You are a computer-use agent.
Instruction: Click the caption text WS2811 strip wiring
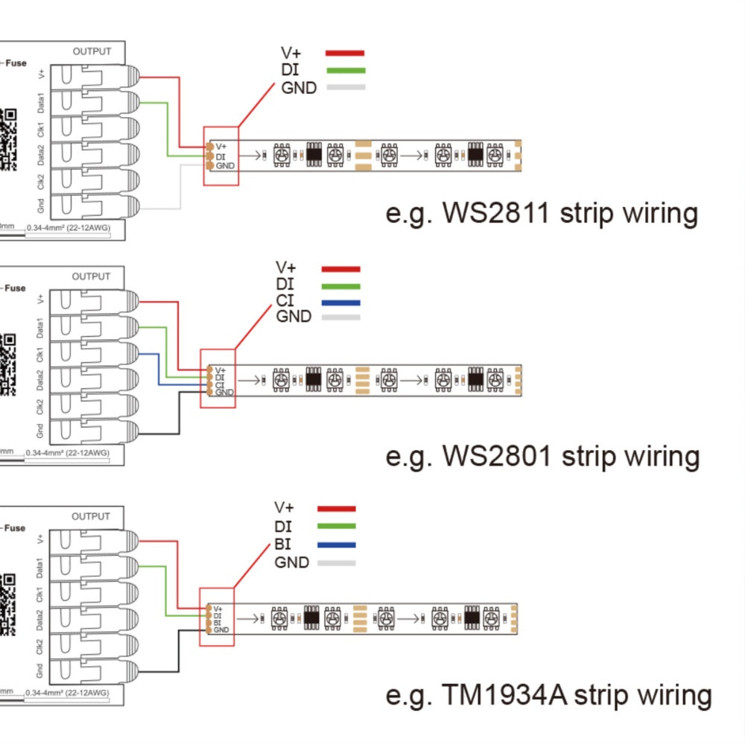pyautogui.click(x=542, y=214)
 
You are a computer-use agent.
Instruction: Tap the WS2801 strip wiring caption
pyautogui.click(x=542, y=455)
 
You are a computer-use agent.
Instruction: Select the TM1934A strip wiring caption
pyautogui.click(x=548, y=695)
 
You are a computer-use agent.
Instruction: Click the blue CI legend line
pyautogui.click(x=340, y=302)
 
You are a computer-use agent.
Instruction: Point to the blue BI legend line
pyautogui.click(x=336, y=545)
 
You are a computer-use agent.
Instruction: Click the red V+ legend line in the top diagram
pyautogui.click(x=345, y=53)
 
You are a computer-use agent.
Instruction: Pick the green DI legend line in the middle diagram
pyautogui.click(x=340, y=286)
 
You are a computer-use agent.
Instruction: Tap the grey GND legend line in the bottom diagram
pyautogui.click(x=336, y=562)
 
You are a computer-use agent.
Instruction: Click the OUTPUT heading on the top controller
pyautogui.click(x=92, y=51)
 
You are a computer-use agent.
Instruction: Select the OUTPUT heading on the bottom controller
pyautogui.click(x=91, y=516)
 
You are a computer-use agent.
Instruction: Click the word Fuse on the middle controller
pyautogui.click(x=16, y=288)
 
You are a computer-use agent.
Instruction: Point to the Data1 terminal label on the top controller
pyautogui.click(x=42, y=102)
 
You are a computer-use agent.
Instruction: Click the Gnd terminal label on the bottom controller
pyautogui.click(x=42, y=669)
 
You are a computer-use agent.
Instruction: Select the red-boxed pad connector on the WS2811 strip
pyautogui.click(x=221, y=156)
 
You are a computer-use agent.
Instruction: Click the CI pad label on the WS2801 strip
pyautogui.click(x=220, y=384)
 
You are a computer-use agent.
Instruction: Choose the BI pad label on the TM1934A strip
pyautogui.click(x=218, y=622)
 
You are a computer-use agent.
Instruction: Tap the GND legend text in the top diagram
pyautogui.click(x=299, y=88)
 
